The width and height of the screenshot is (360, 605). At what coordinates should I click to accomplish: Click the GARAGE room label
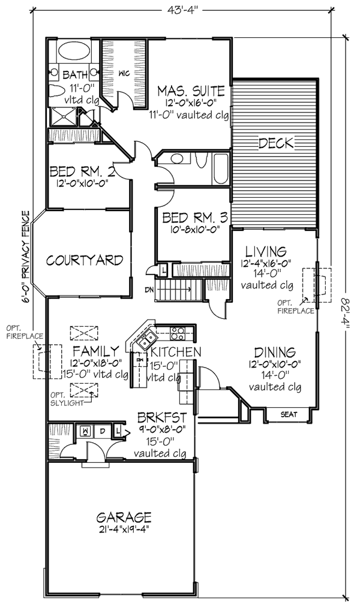[x=124, y=517]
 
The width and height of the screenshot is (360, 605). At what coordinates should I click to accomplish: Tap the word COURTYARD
[x=85, y=260]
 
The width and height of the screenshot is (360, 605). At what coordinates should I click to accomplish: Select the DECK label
[x=276, y=143]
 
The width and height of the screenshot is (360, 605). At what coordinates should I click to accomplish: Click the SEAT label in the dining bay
[x=289, y=414]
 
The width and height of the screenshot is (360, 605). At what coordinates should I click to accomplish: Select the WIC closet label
[x=124, y=73]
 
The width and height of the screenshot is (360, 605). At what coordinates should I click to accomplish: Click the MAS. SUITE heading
[x=191, y=91]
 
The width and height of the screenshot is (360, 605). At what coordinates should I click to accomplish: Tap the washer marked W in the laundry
[x=85, y=431]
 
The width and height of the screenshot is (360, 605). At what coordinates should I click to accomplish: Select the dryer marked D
[x=103, y=431]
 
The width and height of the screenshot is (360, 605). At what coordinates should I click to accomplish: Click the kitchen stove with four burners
[x=178, y=333]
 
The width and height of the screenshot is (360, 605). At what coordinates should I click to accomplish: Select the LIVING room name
[x=266, y=252]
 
